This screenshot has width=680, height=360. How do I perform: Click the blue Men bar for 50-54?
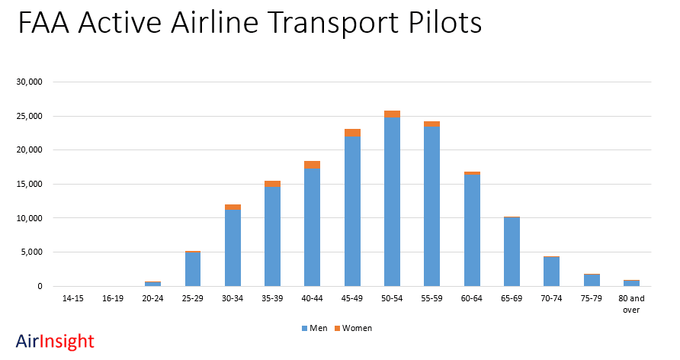[x=392, y=202]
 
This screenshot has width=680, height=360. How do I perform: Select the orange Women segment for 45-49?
[x=352, y=133]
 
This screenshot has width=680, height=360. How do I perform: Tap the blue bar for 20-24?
[x=152, y=284]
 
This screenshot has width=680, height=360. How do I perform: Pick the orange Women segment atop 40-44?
[x=313, y=165]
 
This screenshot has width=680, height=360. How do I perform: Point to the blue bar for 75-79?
[x=592, y=280]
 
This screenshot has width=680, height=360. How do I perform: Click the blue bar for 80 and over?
[x=631, y=283]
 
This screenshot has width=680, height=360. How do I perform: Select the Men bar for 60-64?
[x=472, y=230]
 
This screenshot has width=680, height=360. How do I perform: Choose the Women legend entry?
[x=352, y=328]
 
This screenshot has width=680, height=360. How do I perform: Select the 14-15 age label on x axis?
[x=73, y=298]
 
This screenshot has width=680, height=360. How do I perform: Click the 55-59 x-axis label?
[x=431, y=298]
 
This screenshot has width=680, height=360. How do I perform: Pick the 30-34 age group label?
[x=233, y=298]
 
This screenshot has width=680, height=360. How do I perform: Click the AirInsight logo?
[x=55, y=341]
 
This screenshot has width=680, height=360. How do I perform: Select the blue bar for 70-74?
[x=551, y=272]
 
